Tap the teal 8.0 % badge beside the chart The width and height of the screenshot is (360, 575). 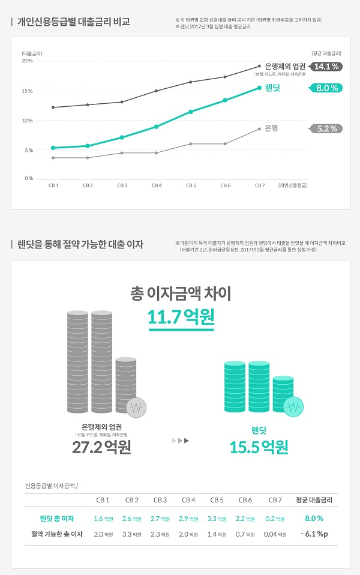(327, 88)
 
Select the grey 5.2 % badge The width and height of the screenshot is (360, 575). (327, 128)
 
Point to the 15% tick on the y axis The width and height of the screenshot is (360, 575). (28, 91)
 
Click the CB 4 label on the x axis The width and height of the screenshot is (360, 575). (157, 185)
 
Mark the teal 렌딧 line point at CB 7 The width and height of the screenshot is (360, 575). (259, 88)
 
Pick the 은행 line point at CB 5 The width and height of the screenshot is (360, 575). (191, 144)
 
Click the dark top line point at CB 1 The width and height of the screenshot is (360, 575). (53, 107)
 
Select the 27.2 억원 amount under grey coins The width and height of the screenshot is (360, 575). (101, 447)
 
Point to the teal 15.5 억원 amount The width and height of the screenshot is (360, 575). (259, 447)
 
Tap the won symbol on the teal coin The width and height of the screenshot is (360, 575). (294, 408)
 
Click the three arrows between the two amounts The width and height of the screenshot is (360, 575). (180, 441)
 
